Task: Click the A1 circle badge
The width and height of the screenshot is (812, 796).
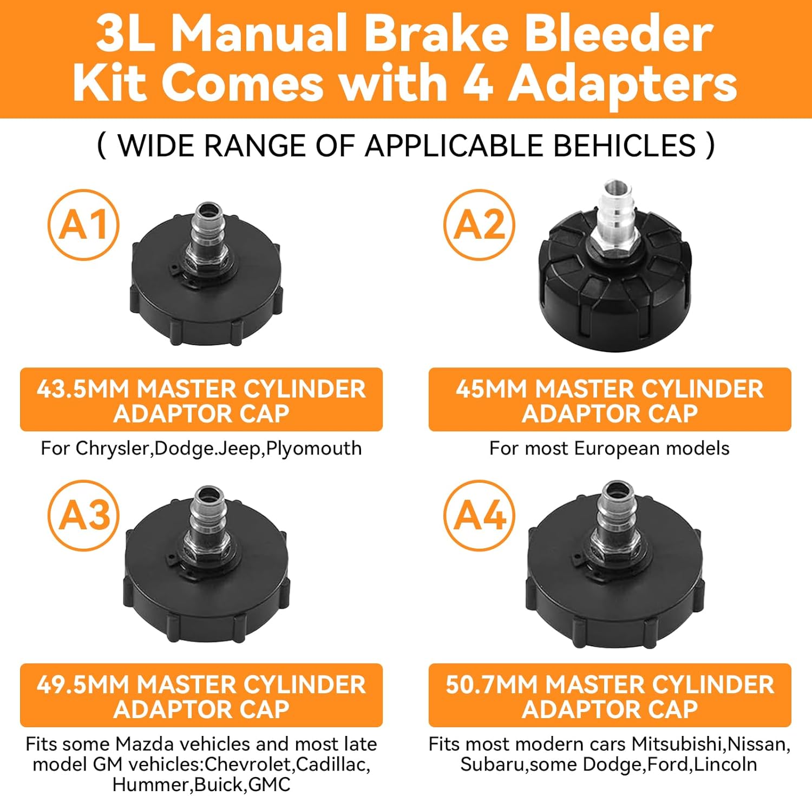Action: pos(83,225)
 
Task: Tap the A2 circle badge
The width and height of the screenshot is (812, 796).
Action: pos(479,225)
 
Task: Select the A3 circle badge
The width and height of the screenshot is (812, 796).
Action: pos(83,515)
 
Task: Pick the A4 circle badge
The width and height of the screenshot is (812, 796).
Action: pos(479,515)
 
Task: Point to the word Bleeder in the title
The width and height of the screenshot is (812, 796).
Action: pos(619,34)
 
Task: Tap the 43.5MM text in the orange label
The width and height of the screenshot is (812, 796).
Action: pos(84,390)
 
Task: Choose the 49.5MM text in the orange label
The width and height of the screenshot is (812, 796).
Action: pos(84,685)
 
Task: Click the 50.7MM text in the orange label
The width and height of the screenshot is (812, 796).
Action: pos(493,685)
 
